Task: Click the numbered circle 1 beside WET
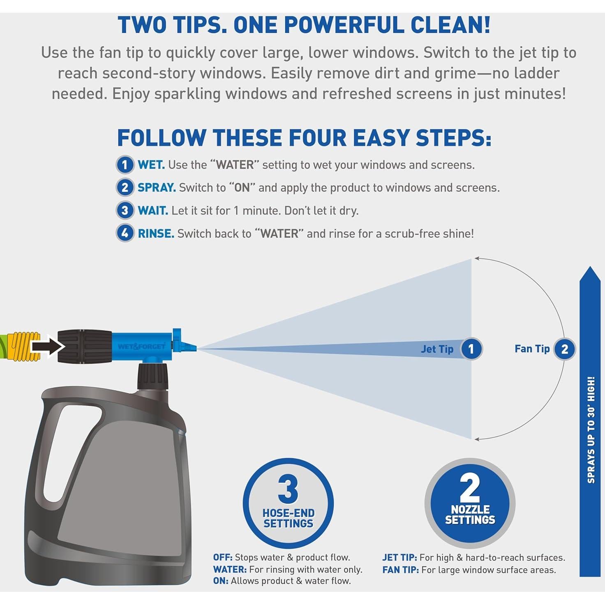pos(125,165)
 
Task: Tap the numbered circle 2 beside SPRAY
pos(125,188)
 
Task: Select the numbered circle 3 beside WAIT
pos(125,210)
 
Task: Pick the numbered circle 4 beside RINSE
pos(125,233)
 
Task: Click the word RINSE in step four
pos(156,233)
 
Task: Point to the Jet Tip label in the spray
pos(437,349)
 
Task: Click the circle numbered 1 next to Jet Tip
pos(471,349)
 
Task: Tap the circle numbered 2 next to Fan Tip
pos(564,349)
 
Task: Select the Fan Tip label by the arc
pos(532,349)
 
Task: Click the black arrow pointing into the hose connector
pos(48,346)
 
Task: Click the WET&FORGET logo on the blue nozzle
pos(141,346)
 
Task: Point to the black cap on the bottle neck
pos(152,377)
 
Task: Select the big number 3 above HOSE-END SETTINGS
pos(288,489)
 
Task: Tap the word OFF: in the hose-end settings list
pos(223,557)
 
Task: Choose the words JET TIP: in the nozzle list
pos(399,558)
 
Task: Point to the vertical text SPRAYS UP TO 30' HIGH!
pos(591,430)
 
